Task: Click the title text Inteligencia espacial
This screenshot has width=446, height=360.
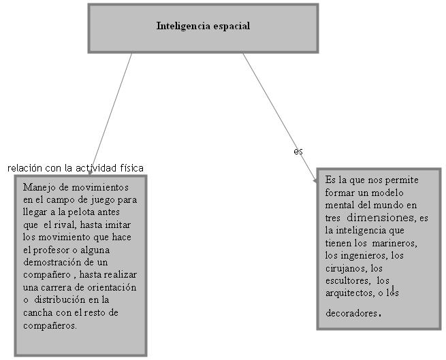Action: pyautogui.click(x=203, y=27)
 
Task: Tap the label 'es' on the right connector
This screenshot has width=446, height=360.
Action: pyautogui.click(x=298, y=151)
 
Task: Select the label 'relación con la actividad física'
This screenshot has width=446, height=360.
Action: pyautogui.click(x=76, y=167)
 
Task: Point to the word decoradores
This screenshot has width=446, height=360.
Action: pyautogui.click(x=351, y=314)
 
